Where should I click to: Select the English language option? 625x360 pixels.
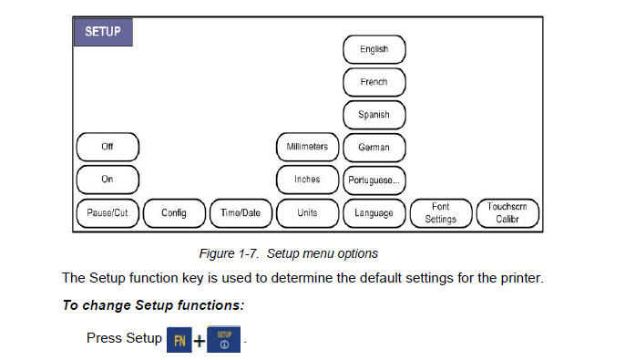tap(374, 49)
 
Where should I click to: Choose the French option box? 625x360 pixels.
tap(374, 82)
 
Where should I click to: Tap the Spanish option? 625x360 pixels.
tap(374, 115)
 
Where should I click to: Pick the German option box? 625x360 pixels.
tap(374, 147)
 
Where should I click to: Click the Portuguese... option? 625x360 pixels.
tap(374, 180)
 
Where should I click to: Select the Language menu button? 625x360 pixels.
tap(374, 213)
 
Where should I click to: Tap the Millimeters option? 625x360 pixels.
tap(307, 147)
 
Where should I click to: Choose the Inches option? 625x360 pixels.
tap(307, 180)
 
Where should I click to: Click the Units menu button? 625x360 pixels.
tap(307, 213)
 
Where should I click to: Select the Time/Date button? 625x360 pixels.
tap(241, 213)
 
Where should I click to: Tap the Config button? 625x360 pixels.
tap(174, 213)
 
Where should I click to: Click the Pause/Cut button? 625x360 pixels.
tap(108, 213)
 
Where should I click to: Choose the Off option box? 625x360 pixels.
tap(108, 147)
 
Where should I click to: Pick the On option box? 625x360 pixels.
tap(108, 180)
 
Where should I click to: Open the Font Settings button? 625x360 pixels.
tap(441, 213)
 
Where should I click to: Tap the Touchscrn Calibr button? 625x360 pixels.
tap(507, 213)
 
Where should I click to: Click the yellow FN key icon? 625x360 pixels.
tap(177, 339)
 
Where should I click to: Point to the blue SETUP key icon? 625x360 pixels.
tap(223, 338)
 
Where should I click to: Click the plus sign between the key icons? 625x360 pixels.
tap(198, 340)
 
